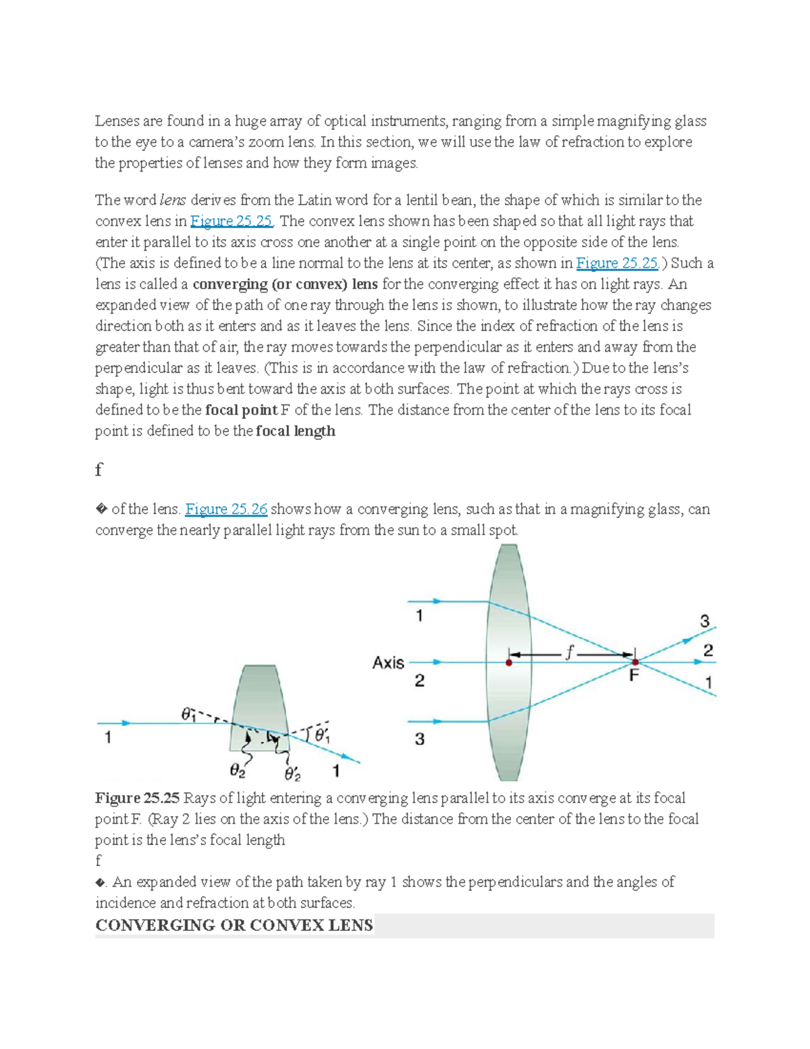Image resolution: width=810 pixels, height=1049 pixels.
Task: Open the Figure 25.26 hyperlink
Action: [226, 509]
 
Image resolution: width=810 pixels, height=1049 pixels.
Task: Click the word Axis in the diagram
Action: [388, 663]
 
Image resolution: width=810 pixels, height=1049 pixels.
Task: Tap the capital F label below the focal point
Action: [634, 675]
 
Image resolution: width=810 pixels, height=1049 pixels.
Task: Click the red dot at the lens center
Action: [509, 663]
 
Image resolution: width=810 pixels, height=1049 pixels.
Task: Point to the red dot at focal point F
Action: [635, 662]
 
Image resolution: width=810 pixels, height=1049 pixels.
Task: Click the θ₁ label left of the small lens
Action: [188, 713]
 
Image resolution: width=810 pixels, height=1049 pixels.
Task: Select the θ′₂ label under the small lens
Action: [292, 773]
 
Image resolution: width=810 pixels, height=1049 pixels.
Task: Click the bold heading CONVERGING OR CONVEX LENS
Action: [234, 925]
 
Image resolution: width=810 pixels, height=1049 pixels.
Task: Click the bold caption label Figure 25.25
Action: [137, 798]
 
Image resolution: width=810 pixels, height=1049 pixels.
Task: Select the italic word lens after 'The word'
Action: [173, 200]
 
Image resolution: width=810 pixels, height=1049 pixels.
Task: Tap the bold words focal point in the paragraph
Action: [241, 410]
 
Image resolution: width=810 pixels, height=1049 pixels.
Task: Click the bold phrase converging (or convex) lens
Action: [285, 284]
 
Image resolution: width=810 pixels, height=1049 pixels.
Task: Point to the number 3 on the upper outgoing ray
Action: [705, 621]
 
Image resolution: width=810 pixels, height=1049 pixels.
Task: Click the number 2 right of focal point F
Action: [708, 650]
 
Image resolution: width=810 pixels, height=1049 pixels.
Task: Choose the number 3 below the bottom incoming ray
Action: [419, 739]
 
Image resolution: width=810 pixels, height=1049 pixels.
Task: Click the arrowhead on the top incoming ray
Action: [437, 601]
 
